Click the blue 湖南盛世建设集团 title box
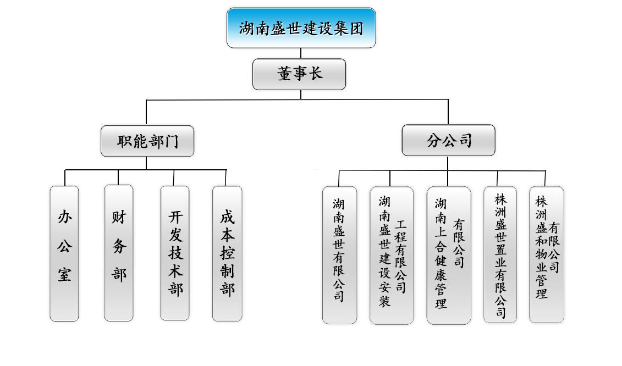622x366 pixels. click(301, 27)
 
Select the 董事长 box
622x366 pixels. click(299, 74)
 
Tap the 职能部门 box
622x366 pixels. click(147, 141)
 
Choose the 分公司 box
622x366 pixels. click(448, 141)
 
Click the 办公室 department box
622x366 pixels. click(64, 253)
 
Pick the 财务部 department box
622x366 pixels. click(119, 253)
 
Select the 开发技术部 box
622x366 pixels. click(175, 253)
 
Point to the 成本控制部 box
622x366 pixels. click(227, 253)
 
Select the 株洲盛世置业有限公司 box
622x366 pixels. click(500, 254)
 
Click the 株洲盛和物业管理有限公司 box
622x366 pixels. click(546, 254)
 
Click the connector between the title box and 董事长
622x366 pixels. click(301, 53)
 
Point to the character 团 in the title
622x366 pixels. click(356, 28)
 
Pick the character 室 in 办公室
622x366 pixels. click(64, 273)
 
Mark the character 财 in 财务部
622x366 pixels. click(119, 218)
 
